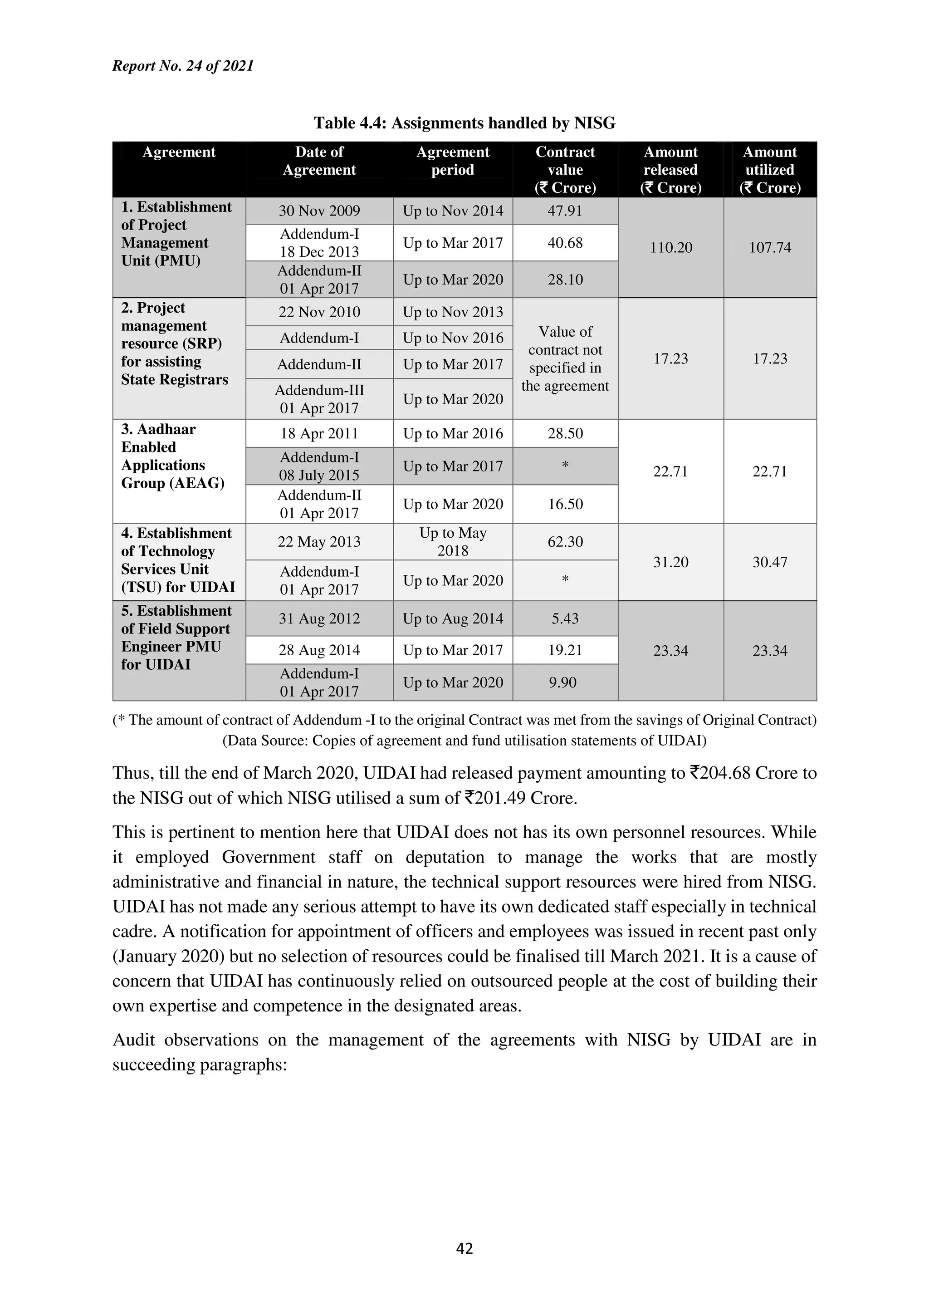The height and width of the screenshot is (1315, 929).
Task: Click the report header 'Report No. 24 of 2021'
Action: (183, 66)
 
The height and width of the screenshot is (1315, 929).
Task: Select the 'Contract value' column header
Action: (565, 170)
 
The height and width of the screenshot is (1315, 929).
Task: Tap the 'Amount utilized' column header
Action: (769, 170)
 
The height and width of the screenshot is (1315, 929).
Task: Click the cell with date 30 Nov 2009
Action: (319, 211)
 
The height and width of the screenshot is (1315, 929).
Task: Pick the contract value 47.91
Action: (565, 211)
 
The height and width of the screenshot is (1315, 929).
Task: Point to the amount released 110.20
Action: (670, 247)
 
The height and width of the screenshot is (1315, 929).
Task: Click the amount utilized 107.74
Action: (769, 247)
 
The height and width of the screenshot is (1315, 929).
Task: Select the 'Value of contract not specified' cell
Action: (565, 358)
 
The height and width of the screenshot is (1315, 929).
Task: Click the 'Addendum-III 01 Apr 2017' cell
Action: (319, 399)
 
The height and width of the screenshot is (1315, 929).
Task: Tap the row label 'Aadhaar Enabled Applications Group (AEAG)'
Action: (172, 456)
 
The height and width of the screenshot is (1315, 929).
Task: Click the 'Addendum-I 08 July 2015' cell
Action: (319, 466)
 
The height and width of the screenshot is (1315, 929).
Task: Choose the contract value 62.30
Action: (565, 542)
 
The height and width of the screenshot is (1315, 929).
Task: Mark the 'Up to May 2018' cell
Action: (453, 542)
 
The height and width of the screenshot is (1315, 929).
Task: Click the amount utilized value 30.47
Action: (769, 562)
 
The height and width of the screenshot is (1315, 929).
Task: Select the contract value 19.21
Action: (565, 650)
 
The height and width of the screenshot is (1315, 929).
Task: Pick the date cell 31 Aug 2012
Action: (319, 618)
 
